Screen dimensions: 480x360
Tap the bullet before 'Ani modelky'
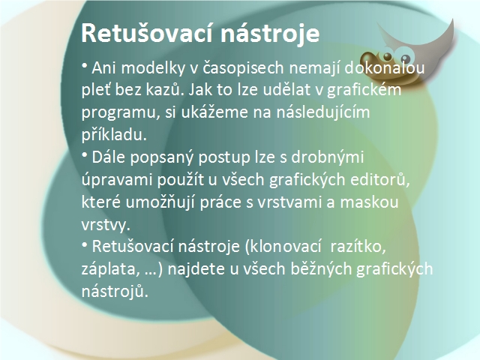click(x=85, y=65)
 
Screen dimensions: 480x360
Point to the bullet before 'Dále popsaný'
click(x=85, y=155)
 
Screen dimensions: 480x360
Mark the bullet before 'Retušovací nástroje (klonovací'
click(x=85, y=244)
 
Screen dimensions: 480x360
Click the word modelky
click(x=153, y=67)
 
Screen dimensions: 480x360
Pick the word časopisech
click(x=243, y=68)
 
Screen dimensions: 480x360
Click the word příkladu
click(x=114, y=135)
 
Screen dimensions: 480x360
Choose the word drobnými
click(x=327, y=157)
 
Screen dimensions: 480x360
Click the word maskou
click(x=369, y=202)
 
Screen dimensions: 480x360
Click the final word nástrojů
click(x=115, y=292)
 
